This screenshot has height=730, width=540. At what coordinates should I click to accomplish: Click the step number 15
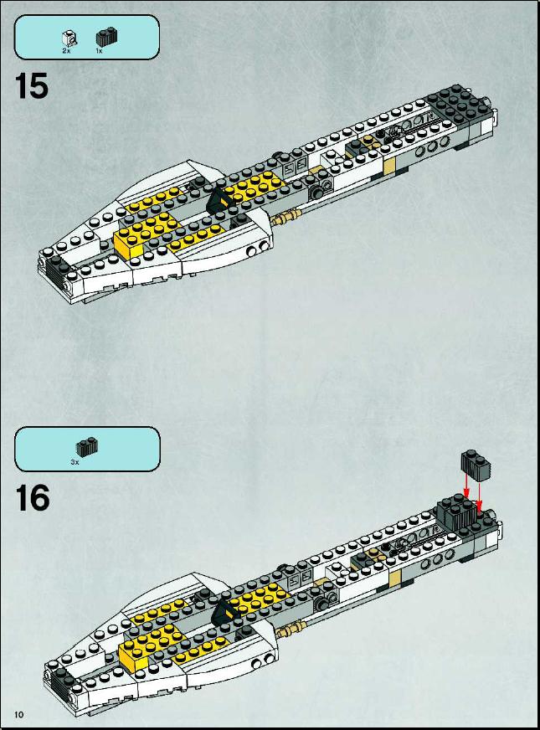pos(32,86)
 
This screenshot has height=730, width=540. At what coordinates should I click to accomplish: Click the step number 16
pos(33,498)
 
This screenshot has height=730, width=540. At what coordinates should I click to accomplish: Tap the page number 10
pos(19,715)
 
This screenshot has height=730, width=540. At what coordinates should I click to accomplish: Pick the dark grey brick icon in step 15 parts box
pos(106,37)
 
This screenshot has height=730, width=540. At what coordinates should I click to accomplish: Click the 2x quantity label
pos(66,51)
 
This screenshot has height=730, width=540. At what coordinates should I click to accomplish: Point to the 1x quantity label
pos(99,51)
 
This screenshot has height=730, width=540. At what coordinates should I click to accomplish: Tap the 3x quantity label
pos(75,462)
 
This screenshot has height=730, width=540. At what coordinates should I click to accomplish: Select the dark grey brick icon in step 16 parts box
pos(87,448)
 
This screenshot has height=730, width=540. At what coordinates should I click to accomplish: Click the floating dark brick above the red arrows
pos(476,465)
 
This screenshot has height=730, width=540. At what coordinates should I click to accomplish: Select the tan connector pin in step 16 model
pos(292,629)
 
